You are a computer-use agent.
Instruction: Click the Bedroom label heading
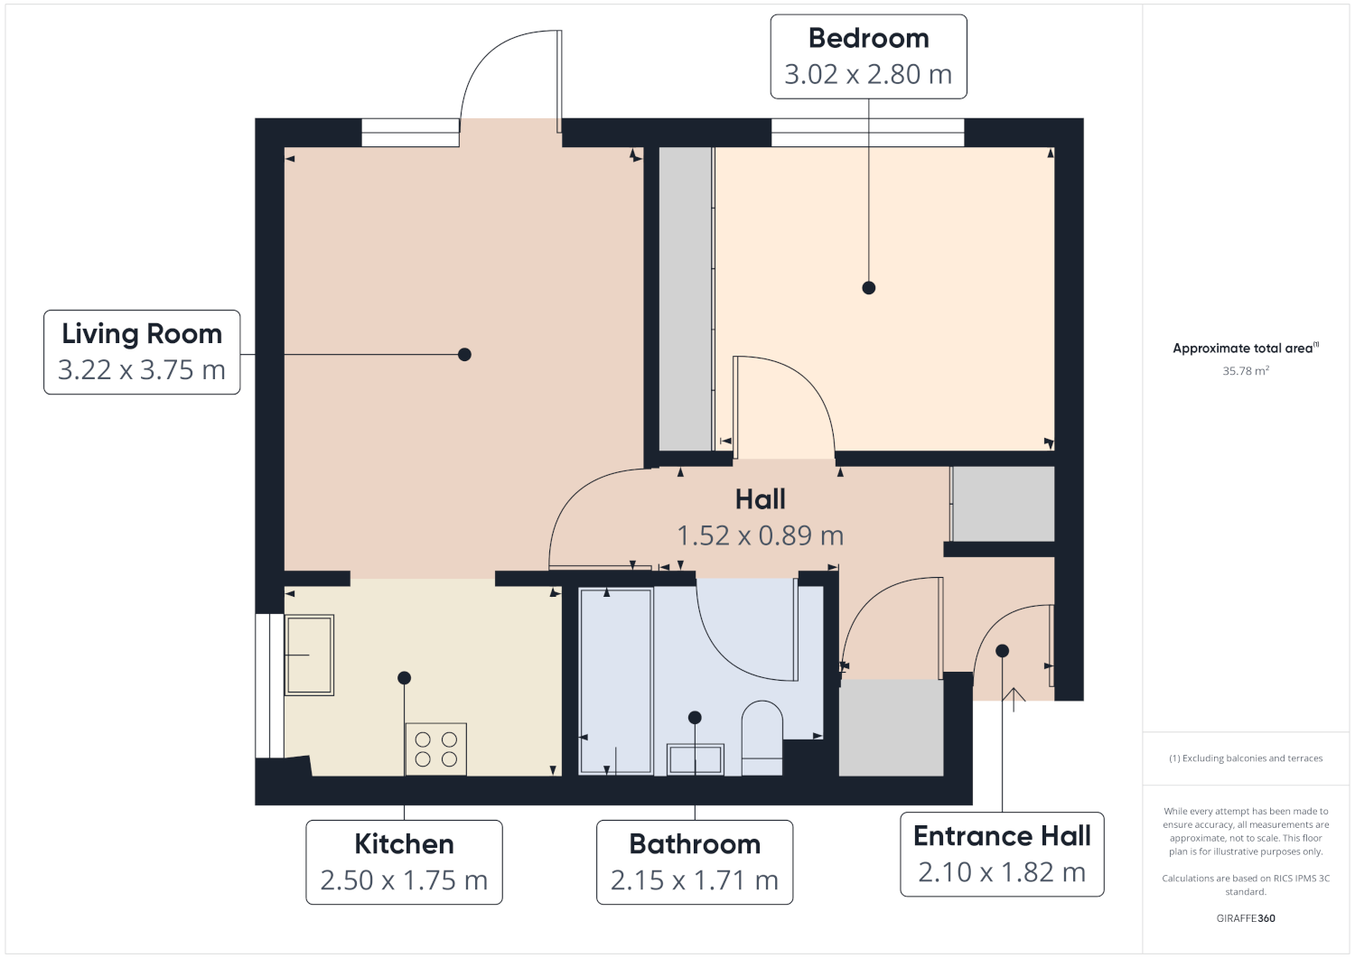click(x=868, y=39)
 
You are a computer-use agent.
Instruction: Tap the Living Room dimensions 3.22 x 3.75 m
click(x=142, y=369)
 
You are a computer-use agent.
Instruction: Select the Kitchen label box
click(x=404, y=861)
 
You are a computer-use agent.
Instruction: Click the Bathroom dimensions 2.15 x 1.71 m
click(x=695, y=880)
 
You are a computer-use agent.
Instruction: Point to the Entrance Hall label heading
click(x=1002, y=836)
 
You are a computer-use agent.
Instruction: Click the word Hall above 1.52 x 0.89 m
click(x=760, y=499)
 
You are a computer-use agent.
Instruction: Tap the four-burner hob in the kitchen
click(x=435, y=749)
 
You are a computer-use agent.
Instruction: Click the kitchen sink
click(x=309, y=655)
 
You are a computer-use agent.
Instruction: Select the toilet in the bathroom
click(x=762, y=738)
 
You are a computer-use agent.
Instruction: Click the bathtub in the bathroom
click(x=616, y=682)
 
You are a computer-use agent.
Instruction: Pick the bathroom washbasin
click(x=695, y=759)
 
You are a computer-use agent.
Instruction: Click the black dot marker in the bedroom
click(x=869, y=288)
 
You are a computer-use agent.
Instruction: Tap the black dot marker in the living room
click(x=464, y=355)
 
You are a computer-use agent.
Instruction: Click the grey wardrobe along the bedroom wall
click(x=686, y=299)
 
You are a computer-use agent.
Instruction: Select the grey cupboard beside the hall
click(x=1004, y=504)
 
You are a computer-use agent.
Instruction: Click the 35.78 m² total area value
click(x=1246, y=371)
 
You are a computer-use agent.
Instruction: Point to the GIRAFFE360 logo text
click(x=1246, y=918)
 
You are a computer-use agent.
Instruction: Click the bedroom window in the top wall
click(x=867, y=133)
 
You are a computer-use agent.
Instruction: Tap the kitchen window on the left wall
click(x=270, y=686)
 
